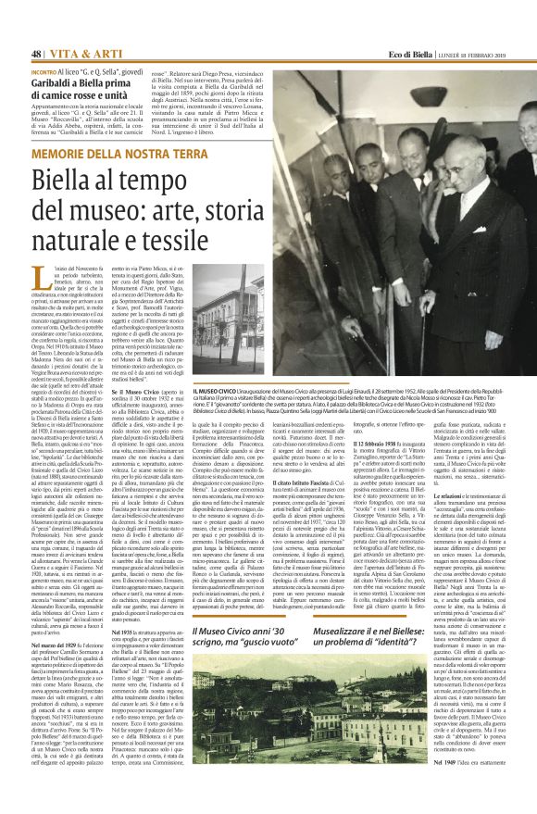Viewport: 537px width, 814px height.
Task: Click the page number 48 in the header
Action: pyautogui.click(x=37, y=53)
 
